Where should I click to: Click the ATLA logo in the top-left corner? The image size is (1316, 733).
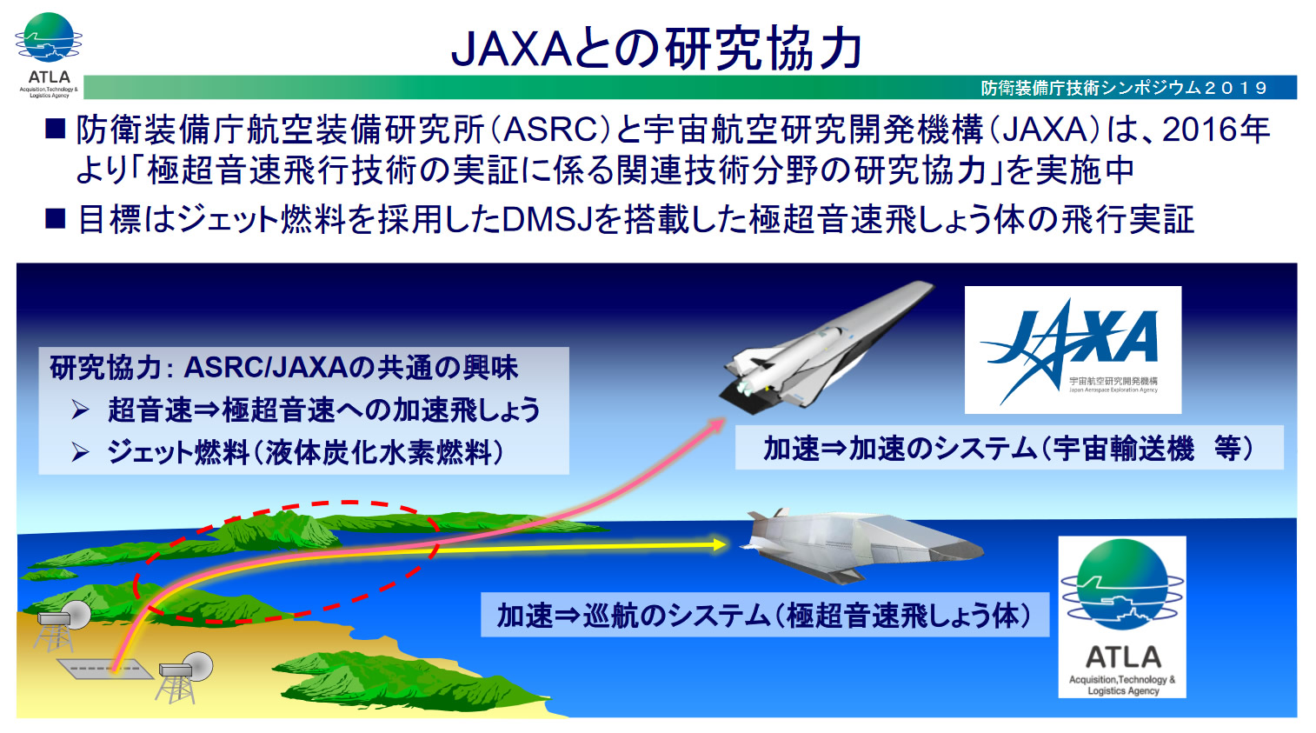(48, 55)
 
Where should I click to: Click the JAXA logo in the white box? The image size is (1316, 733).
(1073, 350)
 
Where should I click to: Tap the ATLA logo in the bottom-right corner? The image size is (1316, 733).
(1121, 617)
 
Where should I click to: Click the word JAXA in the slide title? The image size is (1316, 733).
(510, 49)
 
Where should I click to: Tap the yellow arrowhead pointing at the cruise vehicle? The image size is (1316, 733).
(719, 544)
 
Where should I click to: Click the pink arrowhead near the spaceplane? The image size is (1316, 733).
(717, 425)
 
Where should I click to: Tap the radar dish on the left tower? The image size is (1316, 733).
(76, 615)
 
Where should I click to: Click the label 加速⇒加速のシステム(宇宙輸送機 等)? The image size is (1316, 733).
(1009, 449)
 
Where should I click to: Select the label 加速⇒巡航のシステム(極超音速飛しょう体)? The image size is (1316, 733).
(764, 616)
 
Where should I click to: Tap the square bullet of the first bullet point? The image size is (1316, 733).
(55, 129)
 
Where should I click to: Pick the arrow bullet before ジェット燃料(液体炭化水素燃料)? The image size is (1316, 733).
(81, 452)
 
